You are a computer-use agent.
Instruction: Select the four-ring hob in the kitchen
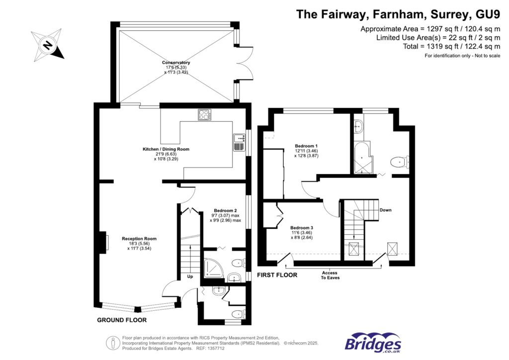pyautogui.click(x=204, y=114)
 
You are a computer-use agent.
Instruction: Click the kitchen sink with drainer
pyautogui.click(x=239, y=142)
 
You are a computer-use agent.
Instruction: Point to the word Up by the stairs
pyautogui.click(x=190, y=276)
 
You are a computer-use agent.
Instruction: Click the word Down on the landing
pyautogui.click(x=385, y=210)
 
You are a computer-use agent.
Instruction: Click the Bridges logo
pyautogui.click(x=373, y=343)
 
